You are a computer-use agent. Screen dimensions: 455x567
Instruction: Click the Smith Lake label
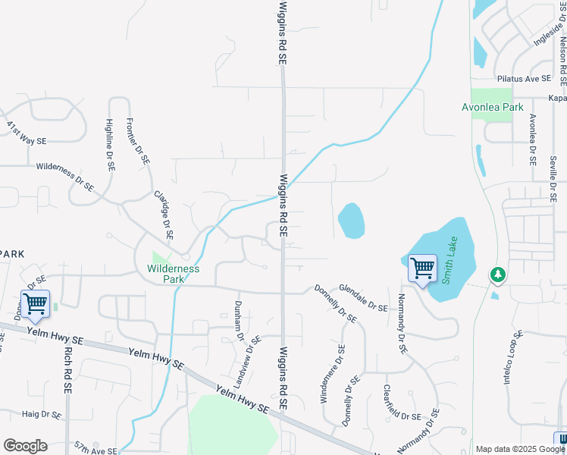[x=452, y=260]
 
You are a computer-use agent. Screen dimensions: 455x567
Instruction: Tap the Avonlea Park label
[x=493, y=107]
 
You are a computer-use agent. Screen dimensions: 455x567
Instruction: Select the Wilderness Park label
[x=173, y=273]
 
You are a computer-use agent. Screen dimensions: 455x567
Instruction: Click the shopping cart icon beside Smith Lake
[x=421, y=268]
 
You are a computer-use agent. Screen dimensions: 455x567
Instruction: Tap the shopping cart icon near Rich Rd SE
[x=35, y=303]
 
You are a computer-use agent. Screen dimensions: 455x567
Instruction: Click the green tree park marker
[x=497, y=274]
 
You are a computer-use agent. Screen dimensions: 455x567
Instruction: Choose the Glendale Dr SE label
[x=363, y=297]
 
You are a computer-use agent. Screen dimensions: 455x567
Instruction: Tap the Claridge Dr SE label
[x=164, y=215]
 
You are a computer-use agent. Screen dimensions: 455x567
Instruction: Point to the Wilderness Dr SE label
[x=64, y=175]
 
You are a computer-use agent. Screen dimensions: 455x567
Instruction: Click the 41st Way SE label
[x=27, y=133]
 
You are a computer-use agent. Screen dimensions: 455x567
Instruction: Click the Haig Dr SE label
[x=41, y=415]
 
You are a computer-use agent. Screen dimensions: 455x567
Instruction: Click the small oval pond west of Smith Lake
[x=351, y=221]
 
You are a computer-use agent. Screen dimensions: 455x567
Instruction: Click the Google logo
[x=25, y=446]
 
